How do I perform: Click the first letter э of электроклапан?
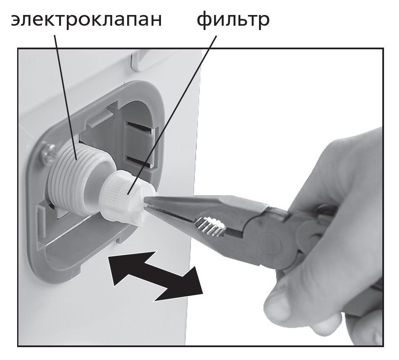coord(16,20)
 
